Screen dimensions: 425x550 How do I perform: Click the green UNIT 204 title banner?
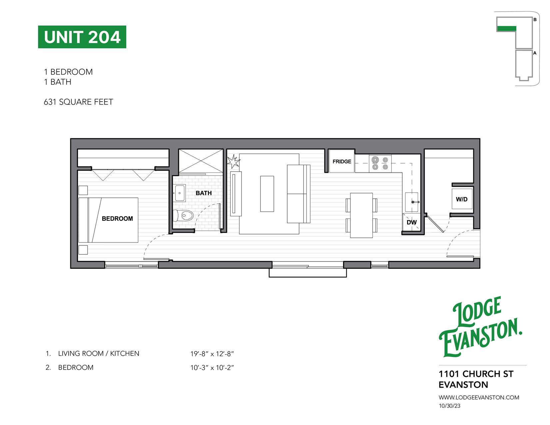(x=82, y=37)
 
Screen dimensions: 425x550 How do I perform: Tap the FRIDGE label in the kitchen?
(x=341, y=162)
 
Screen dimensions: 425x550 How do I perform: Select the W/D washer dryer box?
(x=462, y=199)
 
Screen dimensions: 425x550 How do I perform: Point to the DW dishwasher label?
(x=411, y=222)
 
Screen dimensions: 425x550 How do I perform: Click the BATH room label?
(x=204, y=193)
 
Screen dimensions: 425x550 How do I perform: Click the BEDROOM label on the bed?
(x=117, y=219)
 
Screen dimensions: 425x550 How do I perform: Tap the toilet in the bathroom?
(x=184, y=215)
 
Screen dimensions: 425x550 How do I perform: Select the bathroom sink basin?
(x=180, y=193)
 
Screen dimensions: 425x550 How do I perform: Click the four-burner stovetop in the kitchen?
(x=380, y=164)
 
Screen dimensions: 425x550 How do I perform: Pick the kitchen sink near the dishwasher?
(x=412, y=202)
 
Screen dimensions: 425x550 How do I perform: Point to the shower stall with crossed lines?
(x=201, y=161)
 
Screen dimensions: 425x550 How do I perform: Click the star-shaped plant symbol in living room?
(x=233, y=161)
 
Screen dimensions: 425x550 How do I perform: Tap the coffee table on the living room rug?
(x=267, y=194)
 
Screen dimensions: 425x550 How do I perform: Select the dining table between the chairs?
(x=361, y=215)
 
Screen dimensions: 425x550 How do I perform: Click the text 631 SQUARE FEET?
(x=79, y=102)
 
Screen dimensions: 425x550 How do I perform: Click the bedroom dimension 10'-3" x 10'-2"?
(x=212, y=368)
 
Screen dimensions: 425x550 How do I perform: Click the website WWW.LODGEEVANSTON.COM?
(x=479, y=397)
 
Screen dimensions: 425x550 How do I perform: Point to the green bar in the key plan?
(x=506, y=29)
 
